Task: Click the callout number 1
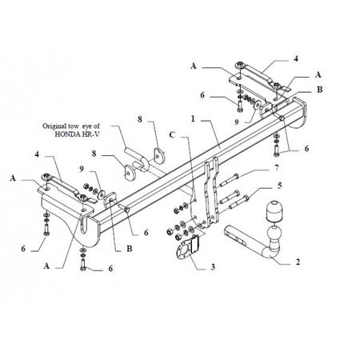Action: (x=194, y=119)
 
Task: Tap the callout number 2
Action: (x=298, y=262)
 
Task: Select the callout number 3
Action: (x=213, y=266)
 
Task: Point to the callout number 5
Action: (x=279, y=186)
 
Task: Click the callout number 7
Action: (x=277, y=168)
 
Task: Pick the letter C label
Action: (x=172, y=135)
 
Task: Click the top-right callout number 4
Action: (x=296, y=58)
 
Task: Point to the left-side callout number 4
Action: (x=37, y=154)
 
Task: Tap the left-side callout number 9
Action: (x=82, y=169)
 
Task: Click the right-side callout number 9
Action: (x=237, y=122)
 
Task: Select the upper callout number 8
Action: (x=140, y=119)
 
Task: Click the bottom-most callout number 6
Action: (x=110, y=269)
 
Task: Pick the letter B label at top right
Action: (x=320, y=90)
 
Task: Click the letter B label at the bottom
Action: (x=130, y=249)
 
